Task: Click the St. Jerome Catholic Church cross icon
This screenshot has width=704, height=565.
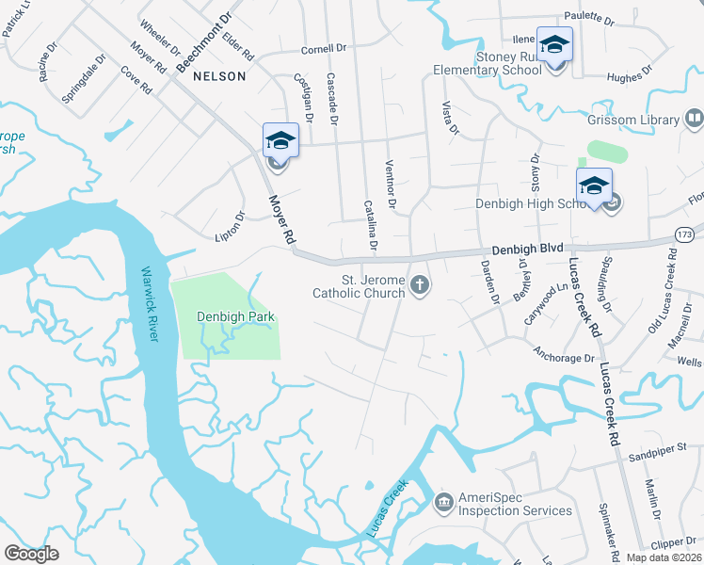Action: pyautogui.click(x=419, y=284)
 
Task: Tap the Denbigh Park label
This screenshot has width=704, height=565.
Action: pyautogui.click(x=235, y=316)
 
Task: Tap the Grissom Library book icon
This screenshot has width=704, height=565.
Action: pyautogui.click(x=694, y=120)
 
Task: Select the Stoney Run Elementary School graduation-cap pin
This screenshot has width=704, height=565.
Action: pyautogui.click(x=554, y=46)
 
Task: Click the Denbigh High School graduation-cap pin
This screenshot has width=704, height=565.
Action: pyautogui.click(x=594, y=186)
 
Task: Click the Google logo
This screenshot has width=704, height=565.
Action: pyautogui.click(x=31, y=553)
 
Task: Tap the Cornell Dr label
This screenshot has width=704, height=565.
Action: pyautogui.click(x=325, y=50)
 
